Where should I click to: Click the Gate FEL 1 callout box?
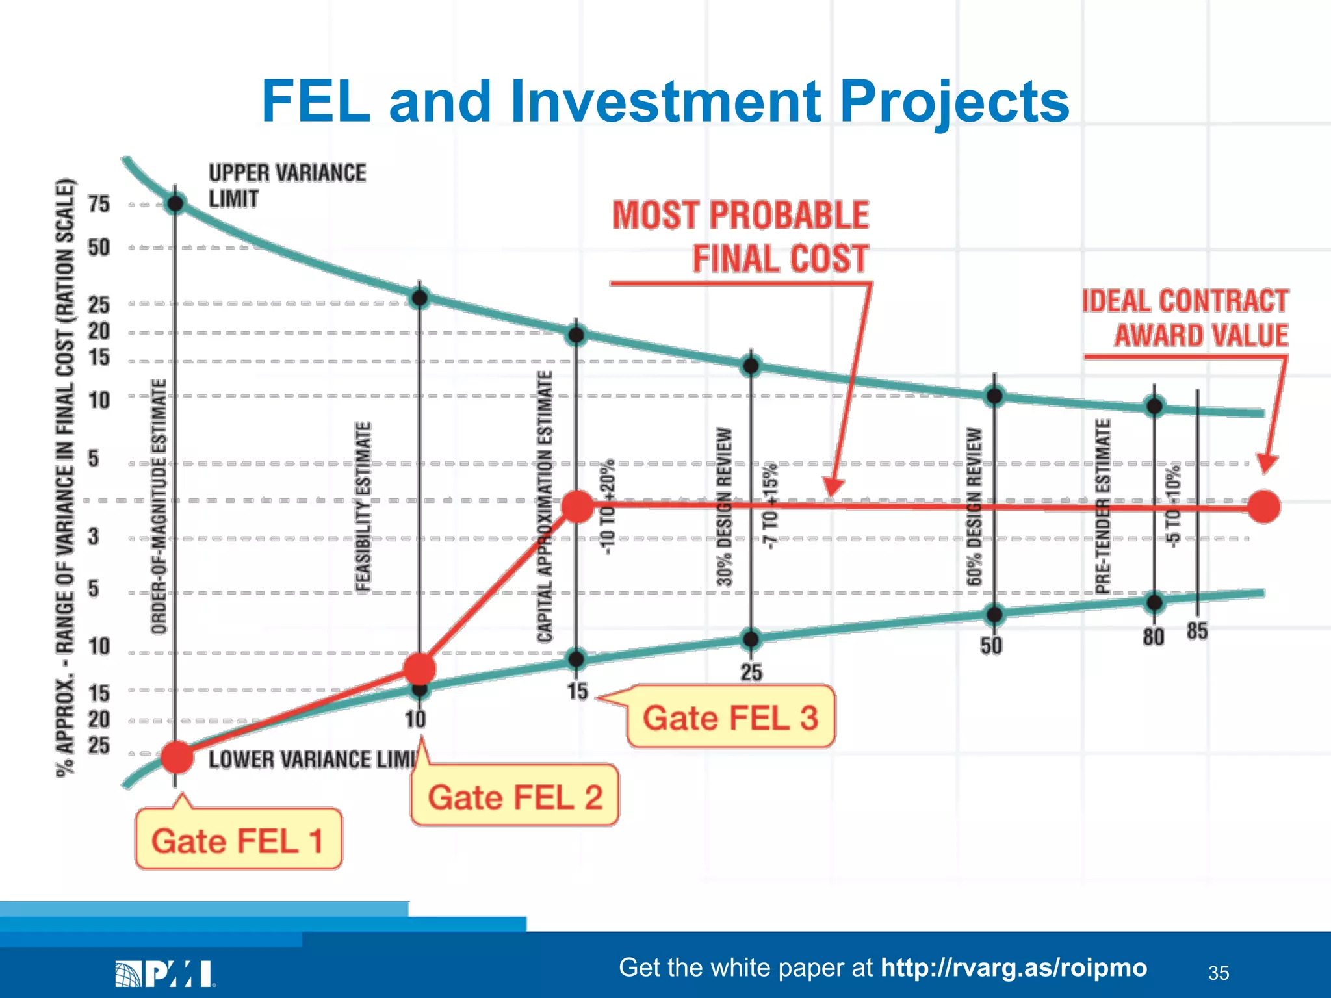[238, 839]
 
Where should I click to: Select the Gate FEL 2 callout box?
[515, 797]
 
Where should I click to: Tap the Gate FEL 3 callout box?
[730, 717]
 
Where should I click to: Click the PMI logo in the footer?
[165, 974]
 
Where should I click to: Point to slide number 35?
[1219, 973]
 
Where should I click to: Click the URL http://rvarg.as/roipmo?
[1013, 967]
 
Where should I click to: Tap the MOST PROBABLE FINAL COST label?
[741, 237]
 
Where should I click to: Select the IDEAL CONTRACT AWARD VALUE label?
[1185, 318]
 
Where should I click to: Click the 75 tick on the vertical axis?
[99, 204]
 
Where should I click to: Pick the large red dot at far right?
[1264, 507]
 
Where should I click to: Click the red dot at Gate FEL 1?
[177, 757]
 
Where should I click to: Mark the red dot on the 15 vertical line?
[577, 507]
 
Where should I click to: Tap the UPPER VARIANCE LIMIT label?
[287, 185]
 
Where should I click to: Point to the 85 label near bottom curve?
[1197, 631]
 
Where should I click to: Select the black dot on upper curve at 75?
[175, 204]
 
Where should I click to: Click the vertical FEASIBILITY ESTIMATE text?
[363, 507]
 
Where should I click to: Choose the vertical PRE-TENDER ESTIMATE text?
[1103, 507]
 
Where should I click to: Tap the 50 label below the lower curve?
[992, 645]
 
